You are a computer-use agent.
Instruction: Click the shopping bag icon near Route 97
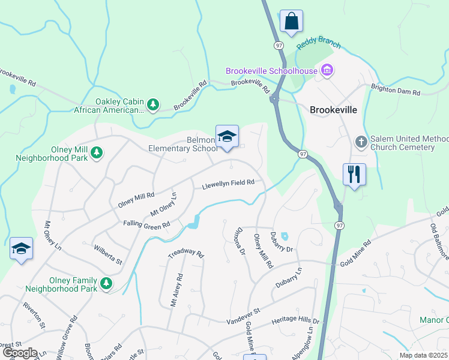pos(291,21)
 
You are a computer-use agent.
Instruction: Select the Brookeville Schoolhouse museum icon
pos(327,71)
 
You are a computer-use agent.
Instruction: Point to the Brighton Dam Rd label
pos(396,89)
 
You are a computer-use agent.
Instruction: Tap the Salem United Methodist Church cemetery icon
pos(361,142)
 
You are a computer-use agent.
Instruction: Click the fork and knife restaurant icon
pos(354,175)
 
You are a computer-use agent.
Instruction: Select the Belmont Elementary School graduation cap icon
pos(227,137)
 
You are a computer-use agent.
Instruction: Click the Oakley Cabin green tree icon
pos(153,106)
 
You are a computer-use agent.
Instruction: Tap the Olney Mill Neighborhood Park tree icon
pos(97,154)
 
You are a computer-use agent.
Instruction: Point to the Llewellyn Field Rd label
pos(228,183)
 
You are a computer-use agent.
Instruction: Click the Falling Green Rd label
pos(148,225)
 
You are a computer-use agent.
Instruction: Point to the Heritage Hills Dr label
pos(295,322)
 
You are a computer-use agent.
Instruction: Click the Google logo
pos(20,353)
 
